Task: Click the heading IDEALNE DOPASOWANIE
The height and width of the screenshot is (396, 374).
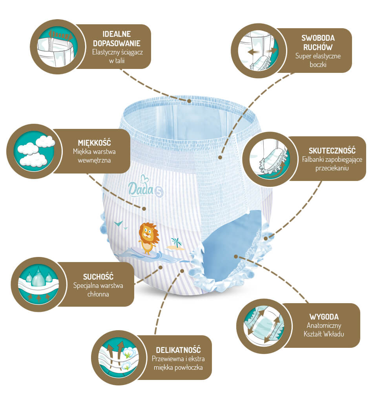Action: coord(117,39)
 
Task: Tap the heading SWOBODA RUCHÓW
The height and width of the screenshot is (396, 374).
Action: coord(318,42)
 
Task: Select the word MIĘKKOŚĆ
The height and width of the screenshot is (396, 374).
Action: coord(95,143)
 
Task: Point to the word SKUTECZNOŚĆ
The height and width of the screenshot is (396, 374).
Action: coord(332,150)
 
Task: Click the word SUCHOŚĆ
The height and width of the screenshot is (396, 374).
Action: coord(98,277)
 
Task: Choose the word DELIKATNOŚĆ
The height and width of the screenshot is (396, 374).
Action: coord(178,350)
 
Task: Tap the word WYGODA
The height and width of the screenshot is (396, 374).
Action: coord(324,317)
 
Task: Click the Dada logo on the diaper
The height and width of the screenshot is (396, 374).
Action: coord(141,186)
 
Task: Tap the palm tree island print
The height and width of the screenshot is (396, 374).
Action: coord(176,244)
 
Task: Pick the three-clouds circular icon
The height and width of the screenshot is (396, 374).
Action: coord(34,151)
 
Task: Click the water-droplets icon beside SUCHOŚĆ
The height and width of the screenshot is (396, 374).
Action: coord(38,284)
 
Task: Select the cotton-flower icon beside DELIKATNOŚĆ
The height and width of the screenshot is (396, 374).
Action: coord(119,358)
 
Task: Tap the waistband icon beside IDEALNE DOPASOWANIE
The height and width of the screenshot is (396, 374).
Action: coord(57,47)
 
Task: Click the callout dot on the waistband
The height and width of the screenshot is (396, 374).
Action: coord(189,101)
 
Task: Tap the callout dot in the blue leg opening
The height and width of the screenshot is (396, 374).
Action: coord(235,257)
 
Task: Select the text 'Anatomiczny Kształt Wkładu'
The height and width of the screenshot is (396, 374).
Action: coord(324,329)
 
